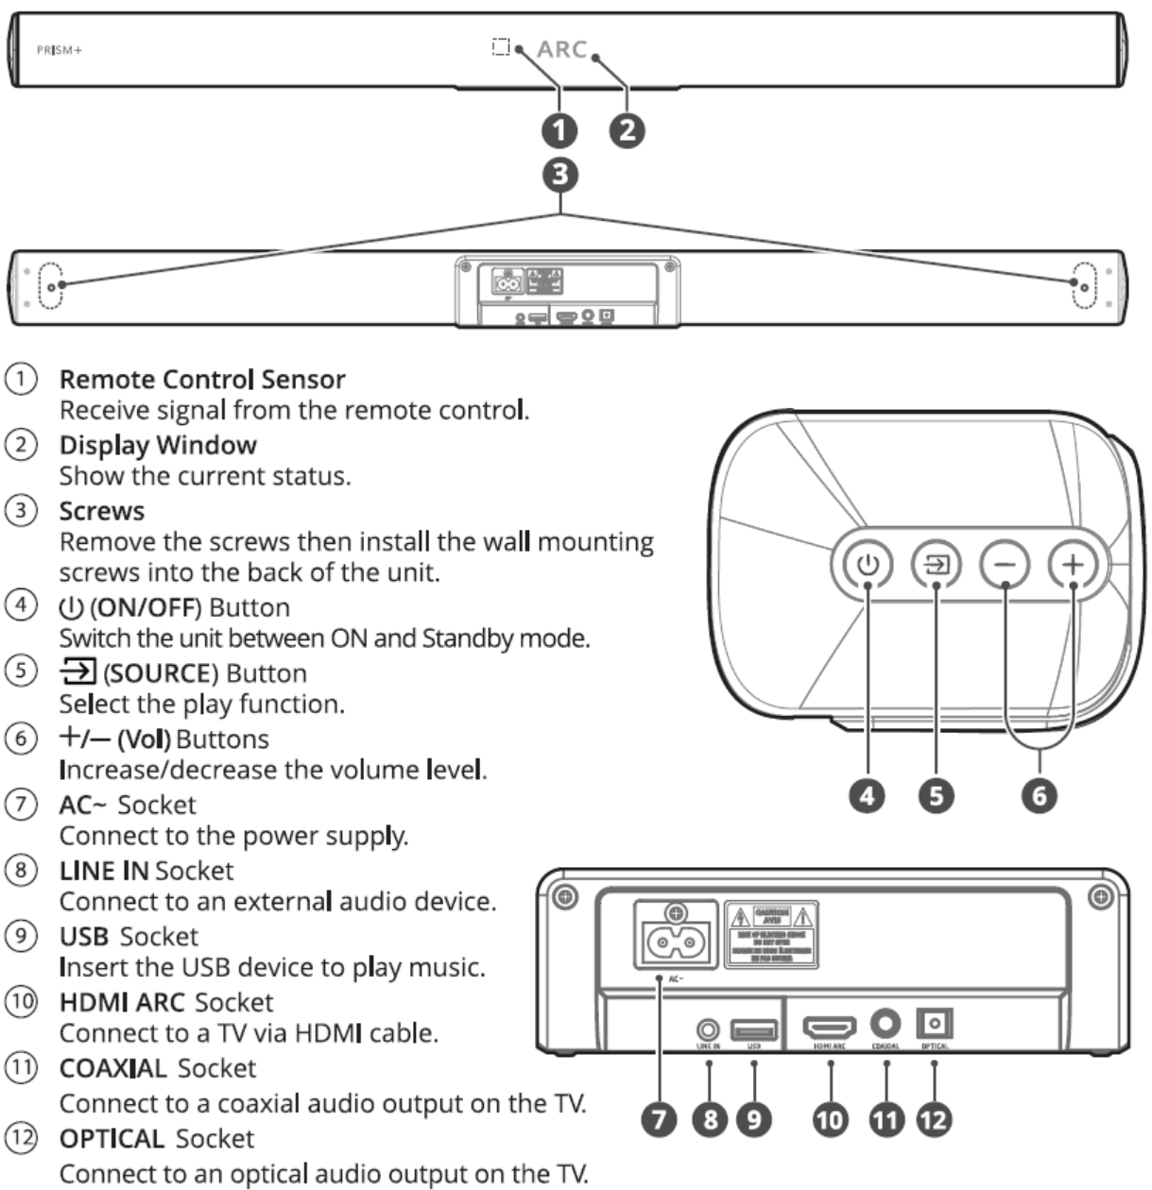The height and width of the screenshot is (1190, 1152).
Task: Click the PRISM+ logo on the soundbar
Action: pyautogui.click(x=59, y=50)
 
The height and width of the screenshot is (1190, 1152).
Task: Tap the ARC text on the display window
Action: pyautogui.click(x=562, y=49)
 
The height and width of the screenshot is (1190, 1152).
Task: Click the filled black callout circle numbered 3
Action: pyautogui.click(x=562, y=174)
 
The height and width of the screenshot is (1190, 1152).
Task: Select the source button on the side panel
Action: pyautogui.click(x=936, y=565)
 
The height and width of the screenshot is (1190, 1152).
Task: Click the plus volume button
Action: pyautogui.click(x=1074, y=565)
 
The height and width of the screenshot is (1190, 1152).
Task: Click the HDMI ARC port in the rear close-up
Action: pyautogui.click(x=830, y=1026)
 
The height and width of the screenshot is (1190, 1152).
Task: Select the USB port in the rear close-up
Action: pyautogui.click(x=754, y=1028)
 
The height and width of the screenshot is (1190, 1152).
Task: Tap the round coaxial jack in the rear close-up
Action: pyautogui.click(x=886, y=1024)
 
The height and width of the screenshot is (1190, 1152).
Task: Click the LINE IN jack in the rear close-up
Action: pyautogui.click(x=709, y=1028)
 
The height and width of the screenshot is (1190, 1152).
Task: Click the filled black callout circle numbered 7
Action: pyautogui.click(x=660, y=1120)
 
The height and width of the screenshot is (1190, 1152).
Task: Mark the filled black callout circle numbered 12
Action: pyautogui.click(x=934, y=1120)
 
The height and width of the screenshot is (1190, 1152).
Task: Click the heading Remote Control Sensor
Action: pyautogui.click(x=202, y=380)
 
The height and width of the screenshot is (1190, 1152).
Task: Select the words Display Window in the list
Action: pyautogui.click(x=158, y=445)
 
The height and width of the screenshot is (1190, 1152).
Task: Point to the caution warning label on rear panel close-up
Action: pyautogui.click(x=771, y=935)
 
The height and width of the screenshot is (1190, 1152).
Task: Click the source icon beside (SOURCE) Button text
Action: pyautogui.click(x=77, y=672)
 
